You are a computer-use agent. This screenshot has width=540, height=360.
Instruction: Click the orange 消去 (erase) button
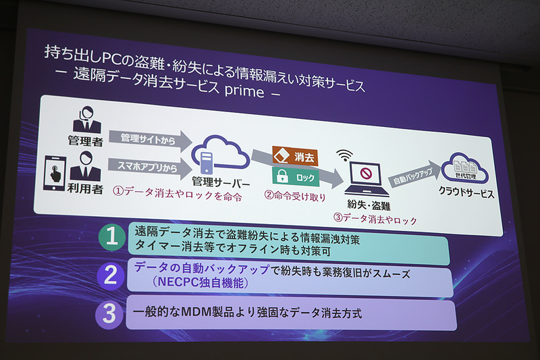[x=294, y=157]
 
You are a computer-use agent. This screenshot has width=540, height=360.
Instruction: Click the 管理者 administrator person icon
[x=87, y=121]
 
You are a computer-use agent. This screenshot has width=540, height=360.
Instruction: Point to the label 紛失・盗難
[x=367, y=205]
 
